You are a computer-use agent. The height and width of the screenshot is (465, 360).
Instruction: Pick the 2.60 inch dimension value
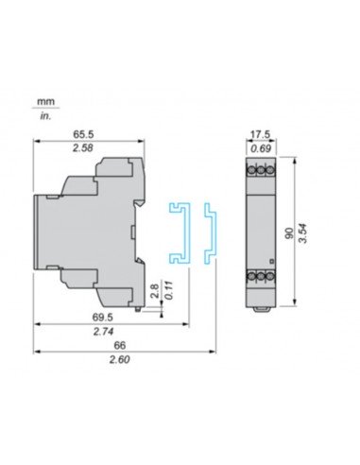click(118, 361)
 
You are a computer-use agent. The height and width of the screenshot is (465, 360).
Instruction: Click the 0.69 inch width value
click(261, 150)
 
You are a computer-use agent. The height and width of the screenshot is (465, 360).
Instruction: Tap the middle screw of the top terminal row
click(261, 171)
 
